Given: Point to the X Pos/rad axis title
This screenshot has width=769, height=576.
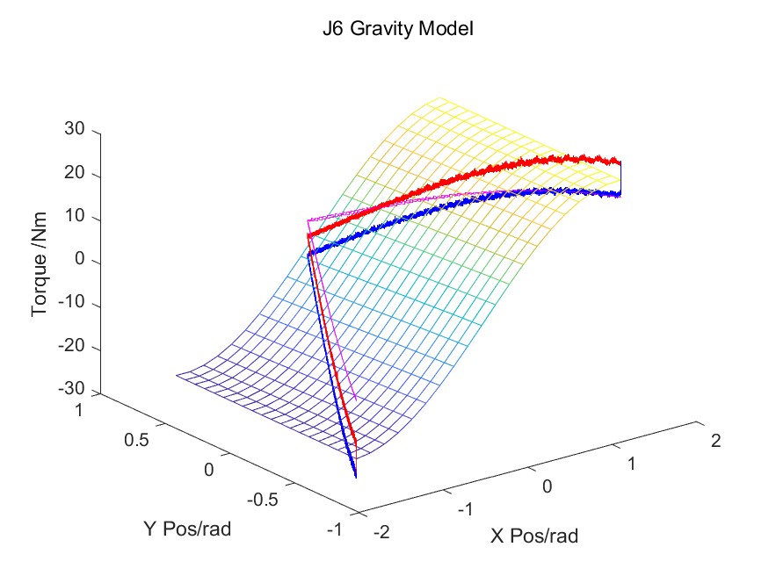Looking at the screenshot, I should pyautogui.click(x=534, y=535).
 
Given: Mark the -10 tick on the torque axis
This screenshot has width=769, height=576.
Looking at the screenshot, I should pyautogui.click(x=71, y=306).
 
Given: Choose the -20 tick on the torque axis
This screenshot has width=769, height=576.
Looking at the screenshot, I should pyautogui.click(x=71, y=349).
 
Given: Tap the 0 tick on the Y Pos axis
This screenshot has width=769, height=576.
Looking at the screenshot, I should pyautogui.click(x=209, y=469).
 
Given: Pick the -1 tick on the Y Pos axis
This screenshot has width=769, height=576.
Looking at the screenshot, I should pyautogui.click(x=334, y=529).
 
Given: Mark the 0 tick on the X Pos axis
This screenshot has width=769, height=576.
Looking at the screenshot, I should pyautogui.click(x=548, y=486).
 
